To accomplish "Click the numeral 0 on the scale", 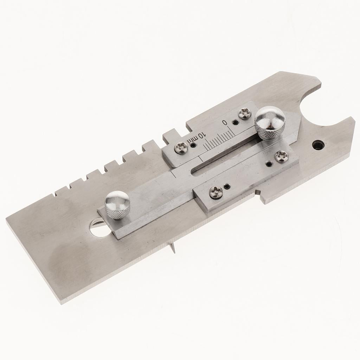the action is click(x=225, y=122).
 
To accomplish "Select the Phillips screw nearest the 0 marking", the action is click(x=243, y=113).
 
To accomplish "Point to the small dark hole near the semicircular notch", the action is click(x=318, y=145).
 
